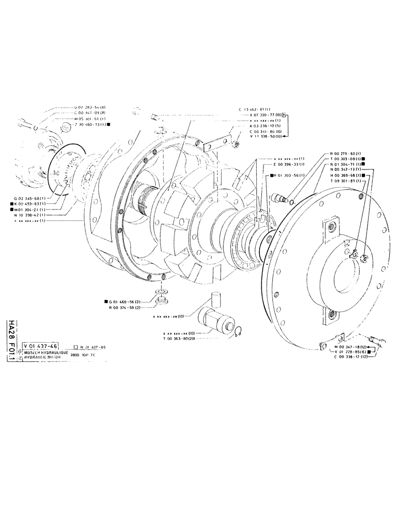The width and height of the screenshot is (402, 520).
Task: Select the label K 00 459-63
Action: pos(31,204)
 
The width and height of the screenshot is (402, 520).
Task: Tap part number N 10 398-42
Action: pos(30,215)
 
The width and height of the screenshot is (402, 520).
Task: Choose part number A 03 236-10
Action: pos(267,125)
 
